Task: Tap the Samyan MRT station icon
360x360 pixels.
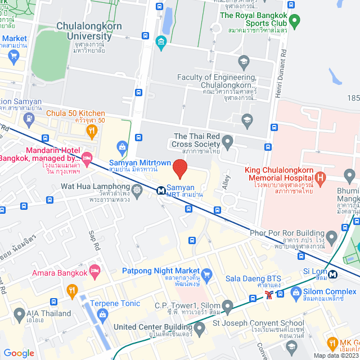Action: [161, 190]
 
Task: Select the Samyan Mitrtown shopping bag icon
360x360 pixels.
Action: [121, 147]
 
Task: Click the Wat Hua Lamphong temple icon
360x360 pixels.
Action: [137, 188]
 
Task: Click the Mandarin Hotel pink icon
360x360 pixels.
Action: [86, 157]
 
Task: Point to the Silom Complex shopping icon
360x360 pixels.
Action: [296, 292]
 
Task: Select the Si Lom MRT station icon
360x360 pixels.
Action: [333, 274]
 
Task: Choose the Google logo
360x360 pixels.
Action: [19, 353]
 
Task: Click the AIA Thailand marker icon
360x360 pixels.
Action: [17, 314]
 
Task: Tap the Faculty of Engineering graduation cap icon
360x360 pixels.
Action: [244, 61]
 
